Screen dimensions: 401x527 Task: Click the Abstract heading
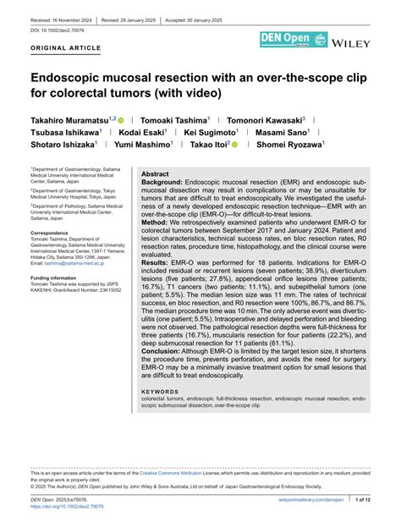[157, 172]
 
